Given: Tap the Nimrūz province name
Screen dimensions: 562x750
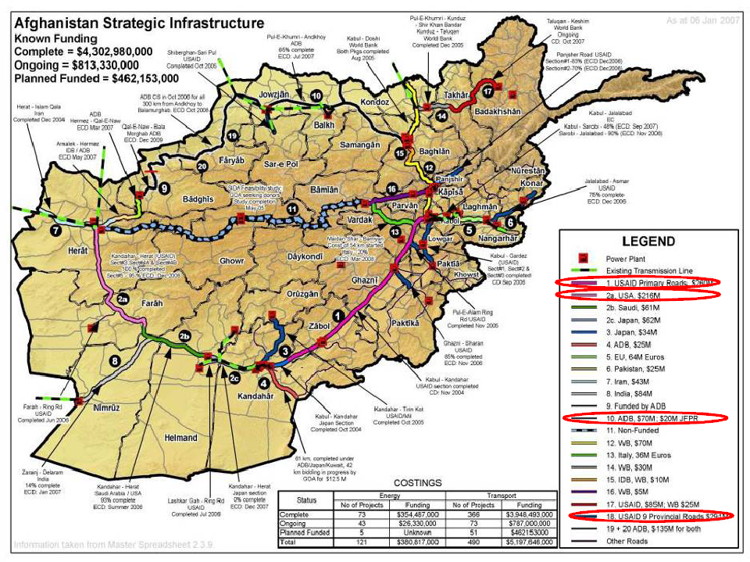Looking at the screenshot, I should [100, 408].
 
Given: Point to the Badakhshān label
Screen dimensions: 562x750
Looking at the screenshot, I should [498, 112].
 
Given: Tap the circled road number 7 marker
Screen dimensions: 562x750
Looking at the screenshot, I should [55, 231].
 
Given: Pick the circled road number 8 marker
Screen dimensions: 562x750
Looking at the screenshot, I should [115, 361].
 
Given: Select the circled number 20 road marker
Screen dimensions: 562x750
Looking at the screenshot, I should [203, 165].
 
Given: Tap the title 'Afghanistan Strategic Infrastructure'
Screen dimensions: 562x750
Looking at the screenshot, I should [139, 22].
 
